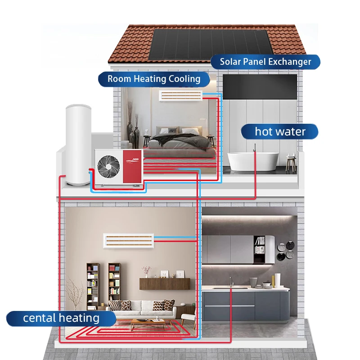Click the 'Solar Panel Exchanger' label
(x=265, y=62)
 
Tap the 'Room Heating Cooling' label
(x=154, y=79)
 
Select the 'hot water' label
(x=280, y=131)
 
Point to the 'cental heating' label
(x=61, y=318)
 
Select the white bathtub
(x=252, y=161)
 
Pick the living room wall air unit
(x=129, y=240)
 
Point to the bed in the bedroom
(x=180, y=142)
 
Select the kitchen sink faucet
(x=231, y=282)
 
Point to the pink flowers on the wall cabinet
(x=146, y=270)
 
